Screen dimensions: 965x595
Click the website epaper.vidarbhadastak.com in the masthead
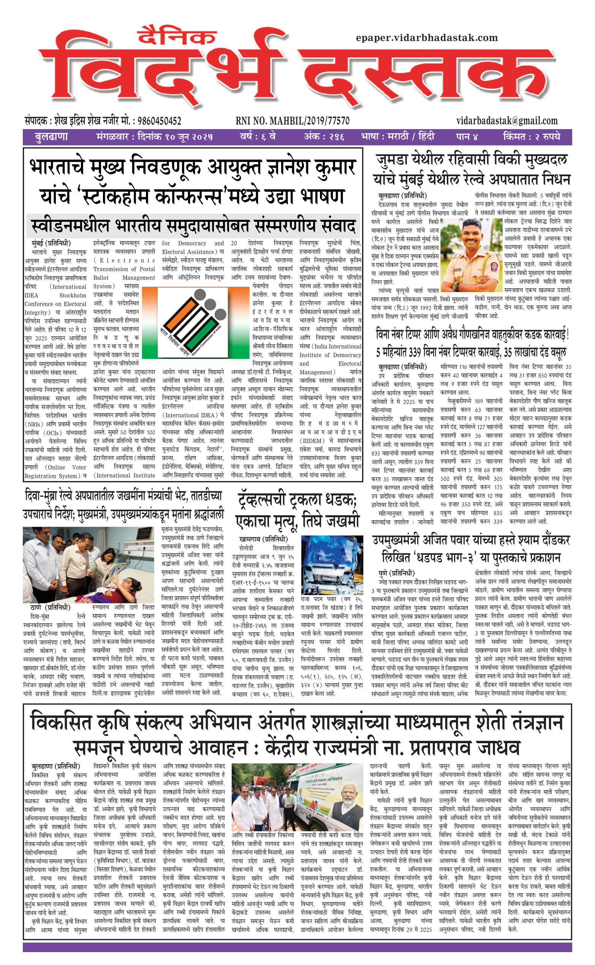427,38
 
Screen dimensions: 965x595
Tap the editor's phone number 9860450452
158,121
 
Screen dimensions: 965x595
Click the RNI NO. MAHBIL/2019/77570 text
293,121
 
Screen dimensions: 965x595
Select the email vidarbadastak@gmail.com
507,120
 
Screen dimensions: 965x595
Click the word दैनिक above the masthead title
177,36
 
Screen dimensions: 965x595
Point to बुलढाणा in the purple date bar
51,137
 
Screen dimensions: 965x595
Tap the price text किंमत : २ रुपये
531,137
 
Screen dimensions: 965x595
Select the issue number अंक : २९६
324,137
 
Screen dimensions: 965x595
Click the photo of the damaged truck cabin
332,565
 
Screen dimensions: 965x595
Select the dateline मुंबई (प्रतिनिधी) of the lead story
51,243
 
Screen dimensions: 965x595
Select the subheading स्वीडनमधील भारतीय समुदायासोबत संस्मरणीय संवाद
193,226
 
